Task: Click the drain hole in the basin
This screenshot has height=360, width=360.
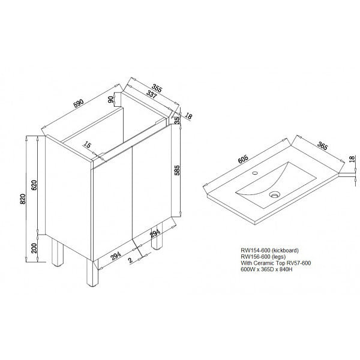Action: pyautogui.click(x=275, y=194)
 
